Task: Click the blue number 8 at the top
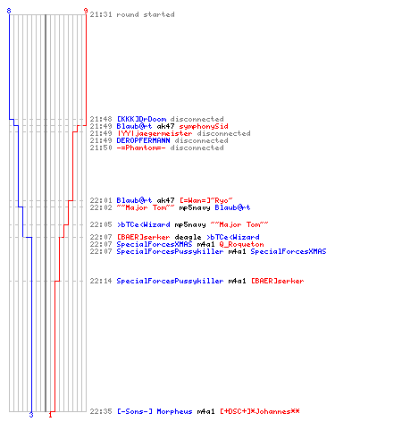[9, 11]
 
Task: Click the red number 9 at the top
[86, 11]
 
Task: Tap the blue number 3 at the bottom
[31, 415]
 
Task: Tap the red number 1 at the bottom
[50, 415]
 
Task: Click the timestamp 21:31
[101, 14]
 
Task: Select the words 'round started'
[146, 14]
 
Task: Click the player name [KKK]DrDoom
[141, 119]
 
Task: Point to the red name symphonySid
[204, 126]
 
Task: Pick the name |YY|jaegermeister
[155, 133]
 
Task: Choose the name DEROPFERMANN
[143, 140]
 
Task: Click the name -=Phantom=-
[141, 148]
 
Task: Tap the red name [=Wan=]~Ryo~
[206, 200]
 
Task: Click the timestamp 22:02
[101, 207]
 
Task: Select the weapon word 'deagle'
[188, 238]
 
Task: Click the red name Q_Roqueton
[241, 245]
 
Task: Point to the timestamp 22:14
[101, 281]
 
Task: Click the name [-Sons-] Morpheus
[155, 411]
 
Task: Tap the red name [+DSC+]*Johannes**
[260, 411]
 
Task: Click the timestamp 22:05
[101, 224]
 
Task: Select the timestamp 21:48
[101, 119]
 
